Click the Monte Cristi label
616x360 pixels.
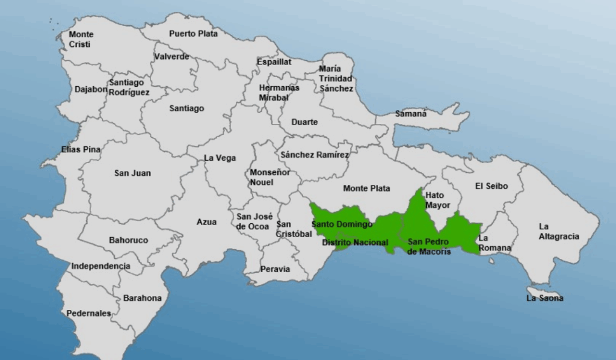click(x=81, y=39)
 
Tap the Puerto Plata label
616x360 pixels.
click(x=193, y=34)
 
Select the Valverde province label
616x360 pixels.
click(x=171, y=57)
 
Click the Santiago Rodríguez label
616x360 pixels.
click(x=129, y=87)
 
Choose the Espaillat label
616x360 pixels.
click(x=274, y=61)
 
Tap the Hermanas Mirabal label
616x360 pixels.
click(x=279, y=92)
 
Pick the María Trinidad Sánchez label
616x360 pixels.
click(x=336, y=78)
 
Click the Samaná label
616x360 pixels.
click(x=411, y=113)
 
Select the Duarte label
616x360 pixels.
click(x=304, y=122)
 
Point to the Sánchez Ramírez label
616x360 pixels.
click(x=315, y=155)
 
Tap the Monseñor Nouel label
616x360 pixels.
click(x=270, y=177)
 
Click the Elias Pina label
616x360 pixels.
click(x=81, y=149)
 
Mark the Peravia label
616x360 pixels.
click(x=275, y=269)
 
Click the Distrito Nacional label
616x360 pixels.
click(x=355, y=243)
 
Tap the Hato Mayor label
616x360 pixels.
click(x=437, y=200)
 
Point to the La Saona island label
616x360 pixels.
click(x=545, y=298)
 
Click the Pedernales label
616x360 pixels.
click(x=88, y=313)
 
